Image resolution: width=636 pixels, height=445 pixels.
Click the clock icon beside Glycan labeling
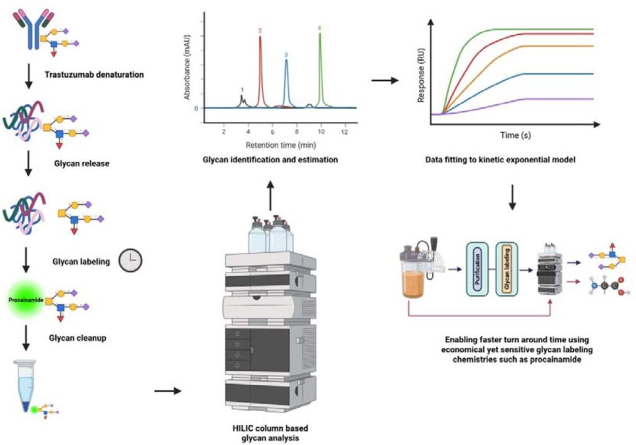[x=130, y=261]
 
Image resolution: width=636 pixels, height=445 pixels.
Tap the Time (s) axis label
[x=513, y=134]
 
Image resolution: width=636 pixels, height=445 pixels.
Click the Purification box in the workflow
[x=478, y=271]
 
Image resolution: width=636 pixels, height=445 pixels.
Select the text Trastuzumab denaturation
[x=94, y=75]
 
